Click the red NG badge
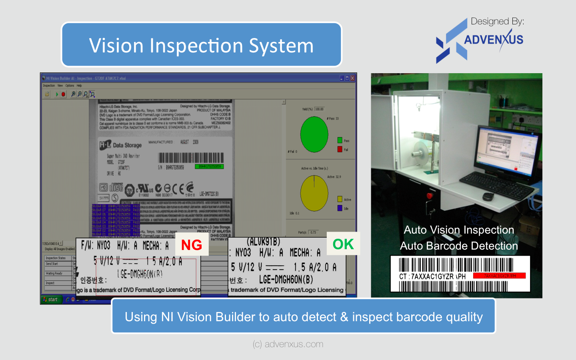click(192, 245)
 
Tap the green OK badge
click(343, 244)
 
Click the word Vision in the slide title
click(116, 46)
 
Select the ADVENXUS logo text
click(493, 40)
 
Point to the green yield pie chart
click(314, 134)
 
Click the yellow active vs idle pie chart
click(314, 193)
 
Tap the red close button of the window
click(352, 78)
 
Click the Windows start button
click(51, 299)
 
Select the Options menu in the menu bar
click(70, 86)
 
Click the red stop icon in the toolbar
click(63, 94)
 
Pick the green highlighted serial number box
click(209, 166)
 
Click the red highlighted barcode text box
click(499, 276)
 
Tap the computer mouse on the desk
click(488, 196)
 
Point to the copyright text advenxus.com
click(288, 344)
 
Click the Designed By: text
click(497, 21)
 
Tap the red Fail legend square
click(340, 149)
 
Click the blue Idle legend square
click(340, 208)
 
